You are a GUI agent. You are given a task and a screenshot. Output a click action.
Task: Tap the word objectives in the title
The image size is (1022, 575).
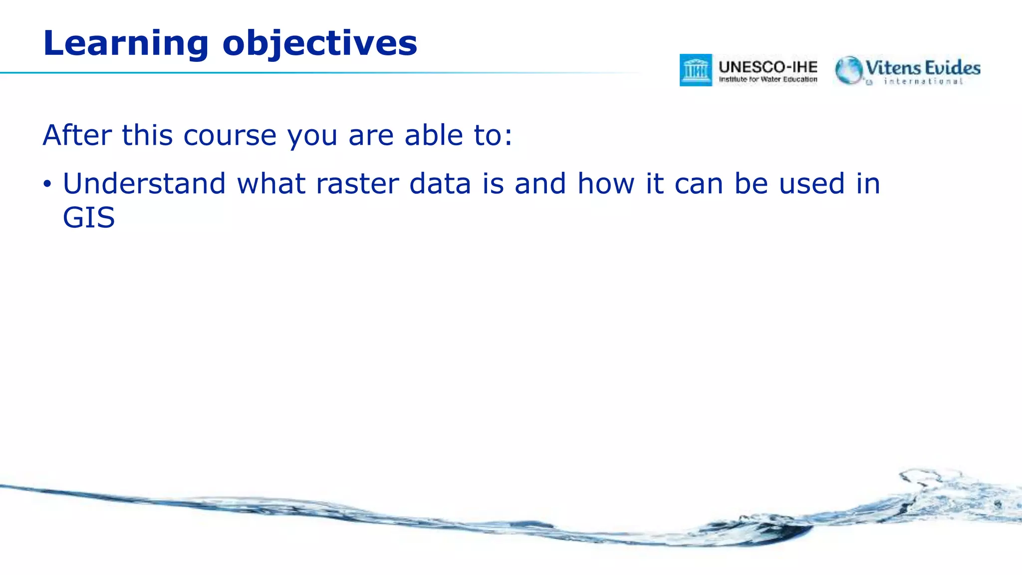pyautogui.click(x=319, y=44)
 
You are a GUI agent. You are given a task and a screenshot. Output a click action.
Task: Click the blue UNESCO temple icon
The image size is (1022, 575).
pyautogui.click(x=696, y=70)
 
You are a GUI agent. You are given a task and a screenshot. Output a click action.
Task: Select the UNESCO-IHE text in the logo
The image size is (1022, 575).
pyautogui.click(x=768, y=67)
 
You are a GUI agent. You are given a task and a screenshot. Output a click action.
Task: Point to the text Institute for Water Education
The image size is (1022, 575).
pyautogui.click(x=768, y=79)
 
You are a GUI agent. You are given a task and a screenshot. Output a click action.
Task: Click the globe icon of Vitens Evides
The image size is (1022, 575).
pyautogui.click(x=849, y=70)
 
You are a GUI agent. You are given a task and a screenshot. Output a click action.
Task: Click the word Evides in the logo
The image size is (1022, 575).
pyautogui.click(x=952, y=67)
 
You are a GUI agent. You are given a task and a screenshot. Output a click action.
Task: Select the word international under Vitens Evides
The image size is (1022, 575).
pyautogui.click(x=923, y=81)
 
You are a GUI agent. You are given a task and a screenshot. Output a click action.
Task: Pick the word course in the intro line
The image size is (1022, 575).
pyautogui.click(x=230, y=135)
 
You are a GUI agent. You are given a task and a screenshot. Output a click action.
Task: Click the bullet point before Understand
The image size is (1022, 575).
pyautogui.click(x=47, y=184)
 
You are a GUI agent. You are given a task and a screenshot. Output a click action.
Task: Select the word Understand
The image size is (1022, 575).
pyautogui.click(x=144, y=183)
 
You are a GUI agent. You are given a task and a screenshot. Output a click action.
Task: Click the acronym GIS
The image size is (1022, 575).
pyautogui.click(x=89, y=218)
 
